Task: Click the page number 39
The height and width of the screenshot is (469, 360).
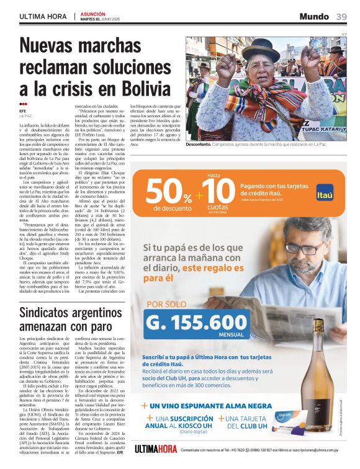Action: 341,16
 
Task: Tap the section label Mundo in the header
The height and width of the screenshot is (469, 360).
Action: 314,16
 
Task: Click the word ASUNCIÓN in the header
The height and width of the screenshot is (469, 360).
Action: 92,13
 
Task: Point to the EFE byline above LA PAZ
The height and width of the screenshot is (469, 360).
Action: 23,111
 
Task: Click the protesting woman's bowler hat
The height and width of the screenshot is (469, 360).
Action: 260,50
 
